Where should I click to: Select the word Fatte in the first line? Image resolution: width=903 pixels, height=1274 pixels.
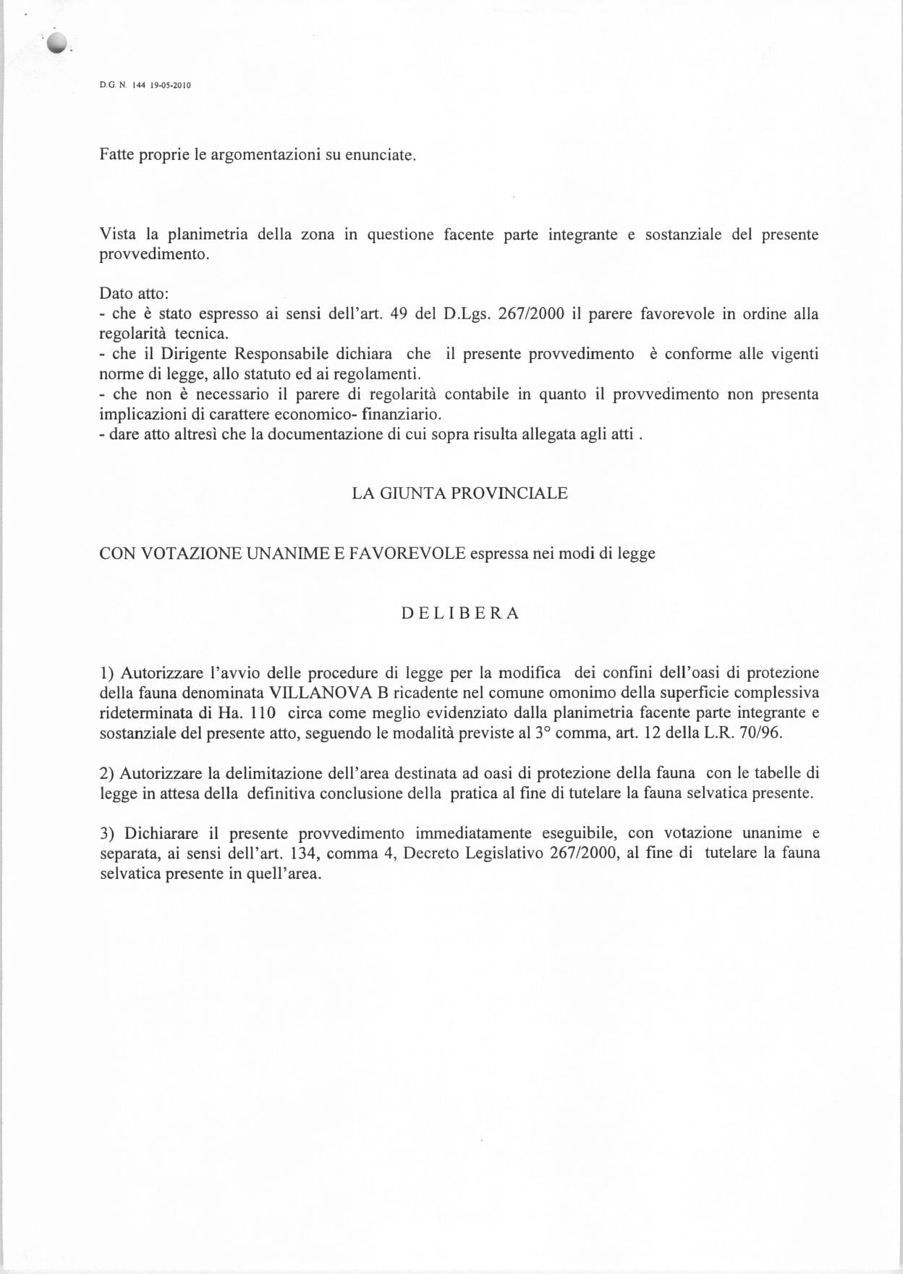(x=115, y=156)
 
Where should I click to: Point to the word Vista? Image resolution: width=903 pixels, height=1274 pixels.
(x=117, y=235)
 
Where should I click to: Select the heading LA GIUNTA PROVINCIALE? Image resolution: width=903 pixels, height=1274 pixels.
(x=459, y=494)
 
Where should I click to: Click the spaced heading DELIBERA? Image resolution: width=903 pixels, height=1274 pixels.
(x=460, y=614)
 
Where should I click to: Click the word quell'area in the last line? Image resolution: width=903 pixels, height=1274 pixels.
(x=287, y=874)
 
